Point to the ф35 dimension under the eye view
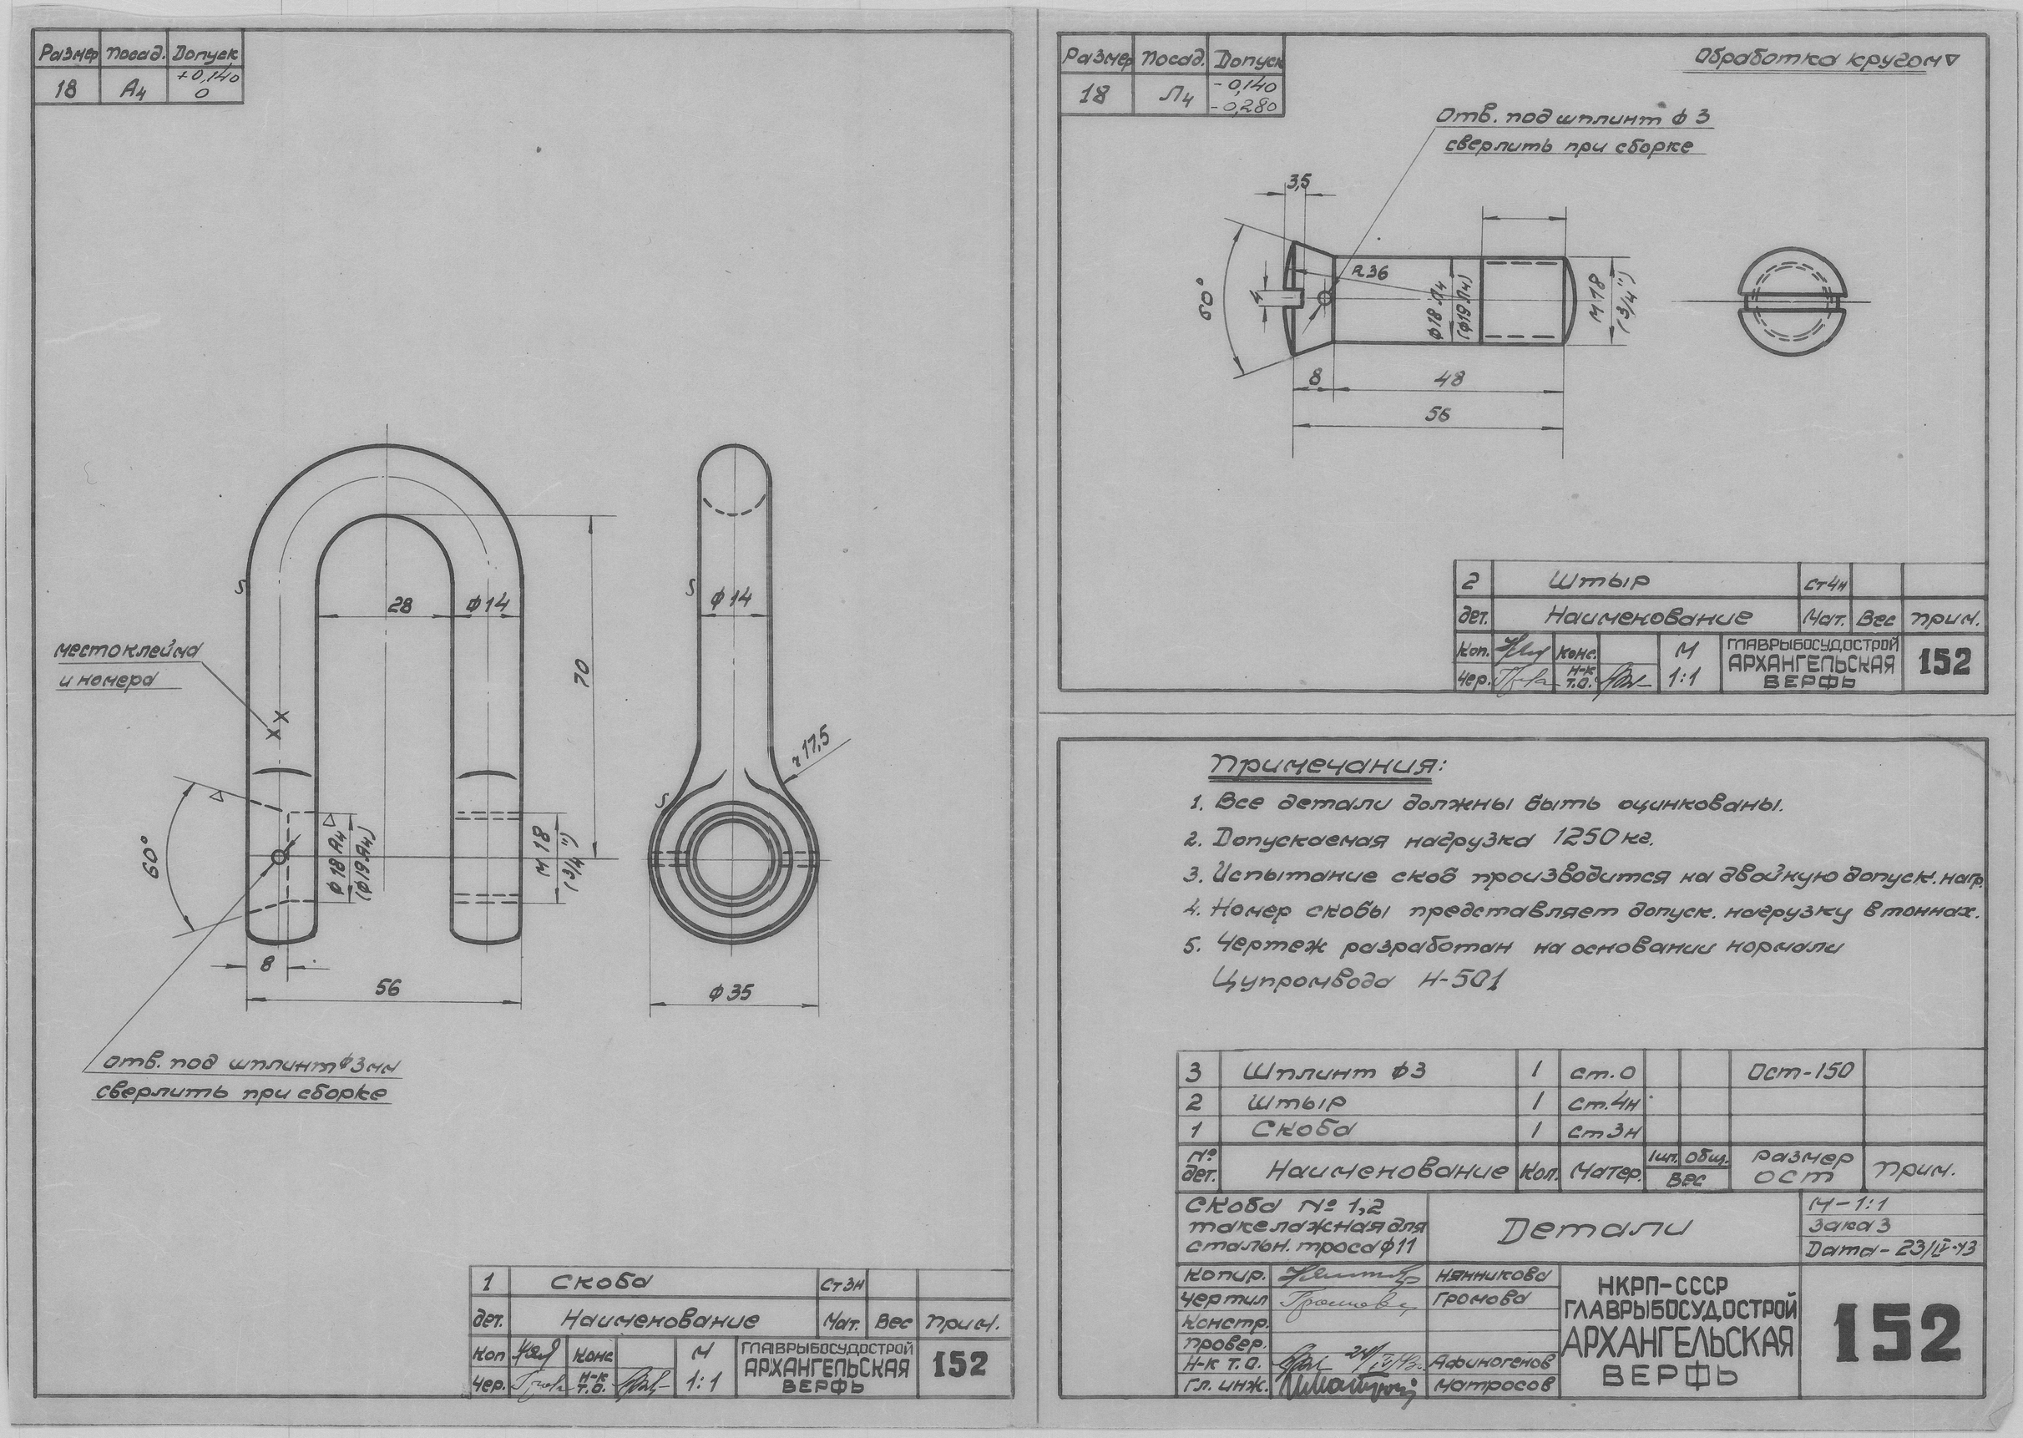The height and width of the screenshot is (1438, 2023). point(731,994)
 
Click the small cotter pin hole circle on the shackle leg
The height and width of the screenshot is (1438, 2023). point(279,856)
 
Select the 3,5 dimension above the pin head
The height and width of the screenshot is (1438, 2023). point(1298,181)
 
